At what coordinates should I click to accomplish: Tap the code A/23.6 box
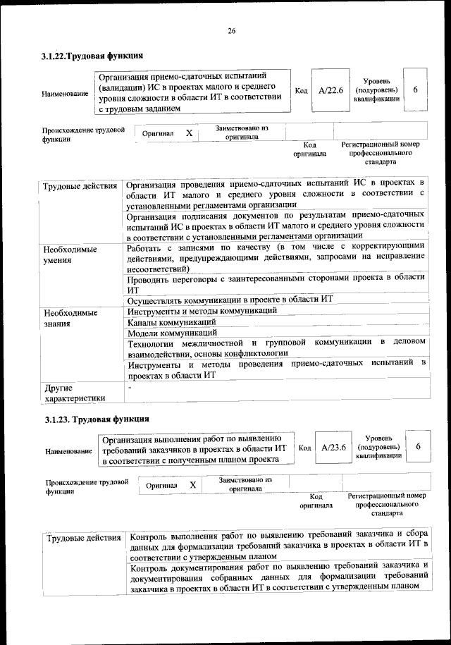coord(333,448)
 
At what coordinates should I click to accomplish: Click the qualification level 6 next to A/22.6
coord(416,90)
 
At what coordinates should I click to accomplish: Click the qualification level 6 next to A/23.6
coord(418,447)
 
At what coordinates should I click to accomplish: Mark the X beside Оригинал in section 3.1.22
coord(189,133)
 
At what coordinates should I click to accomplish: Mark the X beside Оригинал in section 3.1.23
coord(192,485)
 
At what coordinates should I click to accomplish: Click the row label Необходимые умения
coord(70,254)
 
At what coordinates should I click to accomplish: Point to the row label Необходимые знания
coord(70,317)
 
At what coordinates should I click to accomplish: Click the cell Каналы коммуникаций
coord(171,321)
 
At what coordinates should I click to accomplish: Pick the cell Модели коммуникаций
coord(172,332)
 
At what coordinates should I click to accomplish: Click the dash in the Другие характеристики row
coord(130,386)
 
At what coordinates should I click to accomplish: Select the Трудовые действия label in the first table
coord(80,186)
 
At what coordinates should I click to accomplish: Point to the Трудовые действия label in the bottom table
coord(82,539)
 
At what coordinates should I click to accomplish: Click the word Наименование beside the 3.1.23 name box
coord(69,451)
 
